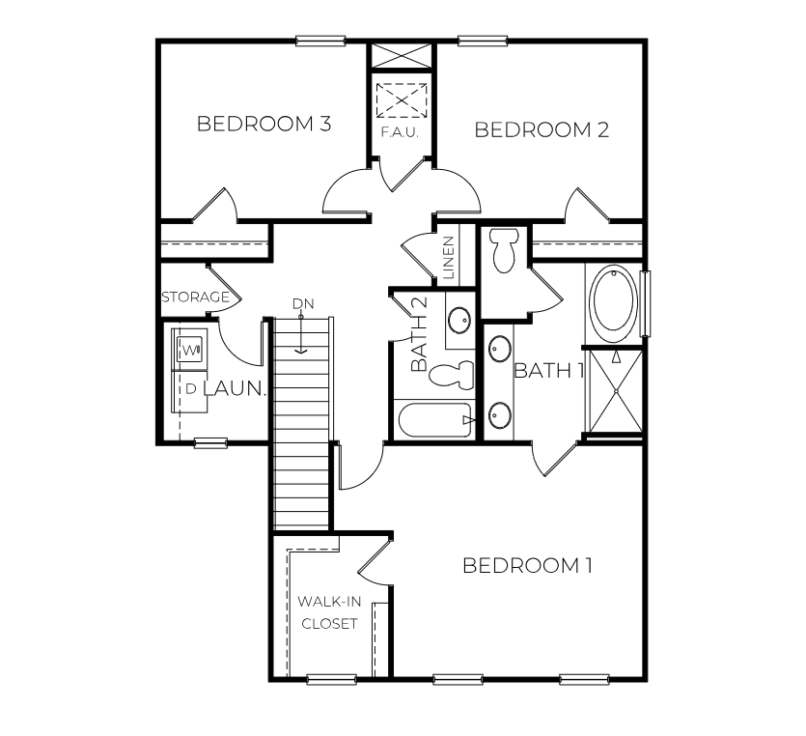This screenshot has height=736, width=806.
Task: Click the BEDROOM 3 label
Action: pyautogui.click(x=264, y=124)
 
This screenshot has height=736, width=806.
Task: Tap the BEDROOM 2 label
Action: pyautogui.click(x=542, y=130)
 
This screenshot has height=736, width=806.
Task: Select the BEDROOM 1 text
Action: pyautogui.click(x=527, y=565)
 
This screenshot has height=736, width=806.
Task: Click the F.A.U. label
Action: pyautogui.click(x=399, y=131)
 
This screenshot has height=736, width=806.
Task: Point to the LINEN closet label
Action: pyautogui.click(x=449, y=258)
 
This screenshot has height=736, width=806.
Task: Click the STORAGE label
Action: pyautogui.click(x=195, y=297)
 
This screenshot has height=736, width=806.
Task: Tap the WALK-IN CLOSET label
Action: pyautogui.click(x=330, y=611)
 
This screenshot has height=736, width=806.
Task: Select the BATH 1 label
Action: pyautogui.click(x=549, y=371)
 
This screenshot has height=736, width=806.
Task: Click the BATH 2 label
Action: pyautogui.click(x=419, y=335)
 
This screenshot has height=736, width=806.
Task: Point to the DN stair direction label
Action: pyautogui.click(x=303, y=303)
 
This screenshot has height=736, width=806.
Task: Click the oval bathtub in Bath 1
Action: pyautogui.click(x=613, y=302)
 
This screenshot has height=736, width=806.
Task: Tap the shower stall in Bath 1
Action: pyautogui.click(x=614, y=390)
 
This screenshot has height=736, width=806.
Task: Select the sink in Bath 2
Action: pyautogui.click(x=459, y=319)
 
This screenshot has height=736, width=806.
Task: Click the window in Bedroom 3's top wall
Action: pyautogui.click(x=320, y=41)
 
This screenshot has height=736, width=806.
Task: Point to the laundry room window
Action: pyautogui.click(x=210, y=442)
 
